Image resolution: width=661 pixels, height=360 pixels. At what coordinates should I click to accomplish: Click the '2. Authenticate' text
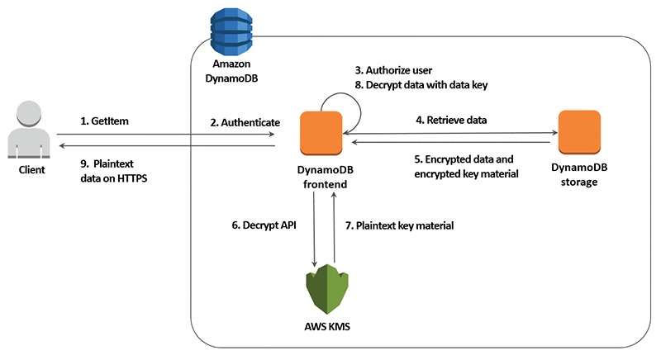pyautogui.click(x=245, y=121)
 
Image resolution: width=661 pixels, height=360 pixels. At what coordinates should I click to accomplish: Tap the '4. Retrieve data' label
pyautogui.click(x=452, y=121)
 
